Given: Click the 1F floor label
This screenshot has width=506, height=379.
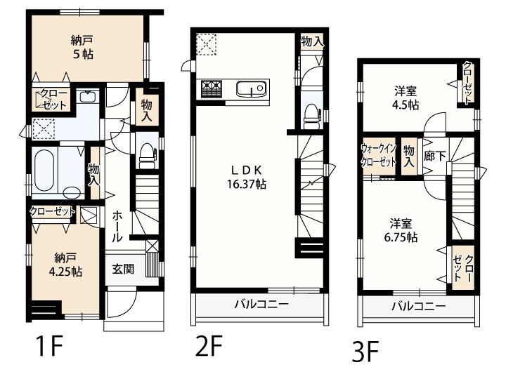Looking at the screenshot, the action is (50, 345).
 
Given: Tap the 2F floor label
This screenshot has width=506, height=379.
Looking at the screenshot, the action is (209, 345).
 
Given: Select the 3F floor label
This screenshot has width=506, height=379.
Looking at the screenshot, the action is (365, 352).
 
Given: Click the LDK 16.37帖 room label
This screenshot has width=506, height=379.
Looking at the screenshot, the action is (247, 177).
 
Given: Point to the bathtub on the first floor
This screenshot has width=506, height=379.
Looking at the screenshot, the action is (44, 170).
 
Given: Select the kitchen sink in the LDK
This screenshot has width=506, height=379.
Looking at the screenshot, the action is (251, 88).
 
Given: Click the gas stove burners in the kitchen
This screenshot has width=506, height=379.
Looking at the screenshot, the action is (212, 88).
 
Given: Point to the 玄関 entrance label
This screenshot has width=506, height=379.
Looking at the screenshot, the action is (123, 269).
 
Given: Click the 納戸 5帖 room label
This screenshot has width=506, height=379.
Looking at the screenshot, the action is (82, 47).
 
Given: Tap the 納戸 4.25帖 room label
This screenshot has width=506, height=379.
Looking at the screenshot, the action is (65, 265).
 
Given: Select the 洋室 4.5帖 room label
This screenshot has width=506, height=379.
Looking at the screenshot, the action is (406, 98).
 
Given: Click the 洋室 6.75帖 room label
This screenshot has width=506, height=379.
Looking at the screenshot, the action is (401, 230).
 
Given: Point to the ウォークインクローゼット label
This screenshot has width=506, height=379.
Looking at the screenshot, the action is (378, 155).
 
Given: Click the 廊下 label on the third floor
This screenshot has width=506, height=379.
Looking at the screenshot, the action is (434, 157).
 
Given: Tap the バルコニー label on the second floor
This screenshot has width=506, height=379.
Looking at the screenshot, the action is (261, 304).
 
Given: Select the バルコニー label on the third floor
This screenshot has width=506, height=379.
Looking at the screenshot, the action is (419, 306).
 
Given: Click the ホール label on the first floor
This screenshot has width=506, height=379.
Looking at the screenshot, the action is (117, 226).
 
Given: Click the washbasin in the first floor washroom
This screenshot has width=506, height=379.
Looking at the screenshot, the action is (87, 95).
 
